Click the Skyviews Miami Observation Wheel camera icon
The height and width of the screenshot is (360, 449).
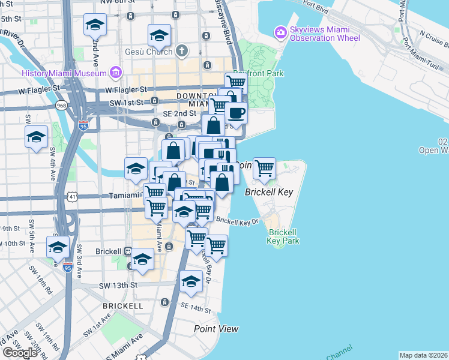[280, 31]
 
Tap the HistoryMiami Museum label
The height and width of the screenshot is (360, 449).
[63, 73]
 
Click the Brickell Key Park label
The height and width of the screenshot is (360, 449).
[284, 236]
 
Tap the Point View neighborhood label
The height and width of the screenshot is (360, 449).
[216, 329]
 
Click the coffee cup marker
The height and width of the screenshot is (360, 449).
[236, 112]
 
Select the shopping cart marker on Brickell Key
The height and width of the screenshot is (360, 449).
[264, 168]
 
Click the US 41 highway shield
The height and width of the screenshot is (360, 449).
[73, 196]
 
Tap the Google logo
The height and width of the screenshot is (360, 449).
[20, 352]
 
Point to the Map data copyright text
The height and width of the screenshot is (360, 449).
[423, 355]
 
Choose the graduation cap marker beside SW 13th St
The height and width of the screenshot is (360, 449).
[191, 281]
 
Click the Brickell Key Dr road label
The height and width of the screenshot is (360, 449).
[237, 221]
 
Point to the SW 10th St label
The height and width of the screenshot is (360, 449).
[19, 243]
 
